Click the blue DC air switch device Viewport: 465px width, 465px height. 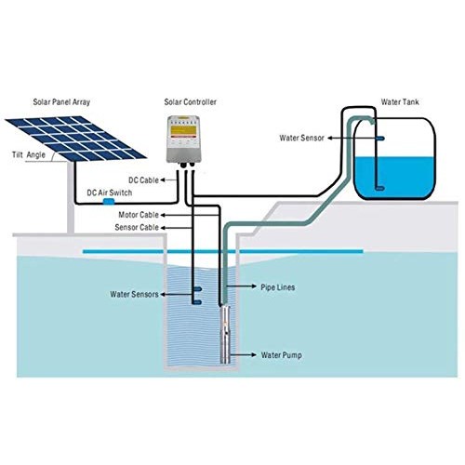pos(109,200)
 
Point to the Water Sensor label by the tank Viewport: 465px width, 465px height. pos(305,138)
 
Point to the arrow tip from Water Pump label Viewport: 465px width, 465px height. pos(233,355)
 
